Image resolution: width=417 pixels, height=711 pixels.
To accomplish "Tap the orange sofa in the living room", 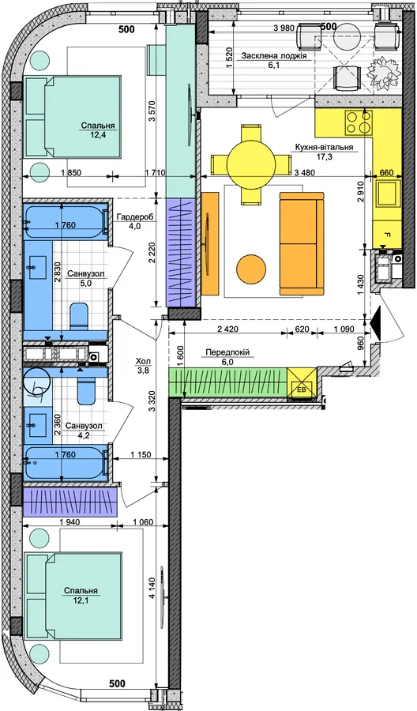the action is [302, 243].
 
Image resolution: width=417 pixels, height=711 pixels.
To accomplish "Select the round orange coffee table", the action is [251, 269].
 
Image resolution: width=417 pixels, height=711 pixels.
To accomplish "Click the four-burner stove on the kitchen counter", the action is [359, 122].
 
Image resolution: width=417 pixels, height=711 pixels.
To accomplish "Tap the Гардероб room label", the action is [130, 217].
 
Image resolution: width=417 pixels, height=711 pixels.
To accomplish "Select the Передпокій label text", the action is [227, 352].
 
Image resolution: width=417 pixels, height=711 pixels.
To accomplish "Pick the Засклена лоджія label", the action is [274, 56].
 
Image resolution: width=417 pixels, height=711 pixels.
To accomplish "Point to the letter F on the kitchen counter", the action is [387, 235].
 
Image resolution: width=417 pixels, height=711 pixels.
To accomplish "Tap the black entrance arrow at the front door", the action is [376, 322].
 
